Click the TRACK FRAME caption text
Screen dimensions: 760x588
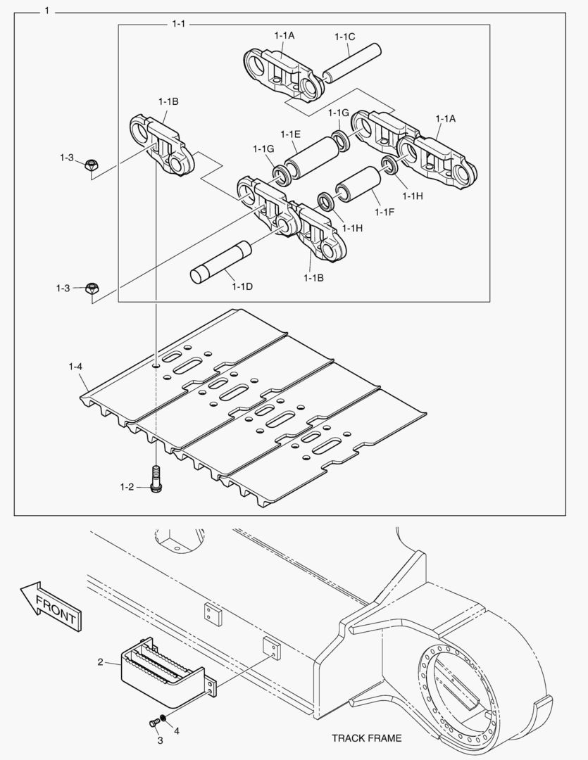pyautogui.click(x=366, y=738)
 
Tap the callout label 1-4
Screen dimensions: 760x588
pyautogui.click(x=75, y=367)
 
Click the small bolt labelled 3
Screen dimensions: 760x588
pyautogui.click(x=153, y=722)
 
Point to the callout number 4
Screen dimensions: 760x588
pyautogui.click(x=177, y=731)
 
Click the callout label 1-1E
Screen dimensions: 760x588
pyautogui.click(x=291, y=134)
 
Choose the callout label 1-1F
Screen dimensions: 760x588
pyautogui.click(x=385, y=212)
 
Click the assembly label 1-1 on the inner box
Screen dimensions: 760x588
pyautogui.click(x=179, y=24)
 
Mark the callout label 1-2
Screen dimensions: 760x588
pyautogui.click(x=127, y=487)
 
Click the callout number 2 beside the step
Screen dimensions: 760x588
pyautogui.click(x=100, y=661)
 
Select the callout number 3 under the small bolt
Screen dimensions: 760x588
pyautogui.click(x=160, y=740)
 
